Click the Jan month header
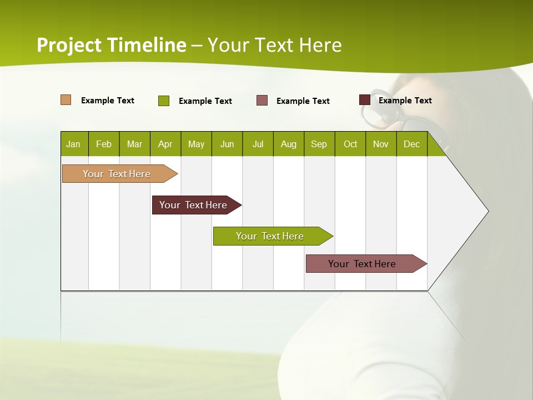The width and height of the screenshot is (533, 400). [x=73, y=144]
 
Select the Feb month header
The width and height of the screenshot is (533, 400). [x=104, y=144]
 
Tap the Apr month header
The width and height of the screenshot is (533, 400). [x=165, y=144]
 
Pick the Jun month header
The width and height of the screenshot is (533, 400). [x=227, y=144]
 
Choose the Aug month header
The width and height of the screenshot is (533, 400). [x=289, y=144]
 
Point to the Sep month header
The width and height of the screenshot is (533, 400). [x=319, y=144]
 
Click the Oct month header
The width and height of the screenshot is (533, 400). [x=350, y=144]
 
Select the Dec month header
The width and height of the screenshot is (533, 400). [x=412, y=144]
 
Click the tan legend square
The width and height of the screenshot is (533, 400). [x=66, y=100]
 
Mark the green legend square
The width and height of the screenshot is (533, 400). [x=164, y=101]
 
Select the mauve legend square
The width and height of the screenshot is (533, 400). [x=262, y=101]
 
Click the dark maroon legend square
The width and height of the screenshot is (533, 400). [x=365, y=100]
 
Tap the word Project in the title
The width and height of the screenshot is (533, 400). [x=69, y=45]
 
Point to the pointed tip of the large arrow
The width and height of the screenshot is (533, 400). [x=487, y=211]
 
